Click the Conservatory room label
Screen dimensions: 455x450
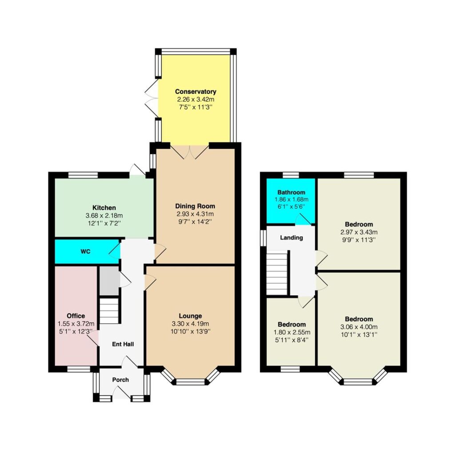tap(196, 92)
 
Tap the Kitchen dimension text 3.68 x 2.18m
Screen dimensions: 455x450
tap(104, 215)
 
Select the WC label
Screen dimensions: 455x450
tap(86, 251)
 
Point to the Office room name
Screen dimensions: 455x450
tap(76, 316)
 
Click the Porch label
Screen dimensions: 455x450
tap(120, 380)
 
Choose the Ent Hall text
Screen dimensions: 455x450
tap(123, 344)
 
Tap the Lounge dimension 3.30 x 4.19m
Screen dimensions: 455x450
tap(190, 324)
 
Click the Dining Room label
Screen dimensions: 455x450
tap(196, 206)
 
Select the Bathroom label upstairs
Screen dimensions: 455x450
tap(291, 192)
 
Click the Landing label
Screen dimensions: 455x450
tap(291, 238)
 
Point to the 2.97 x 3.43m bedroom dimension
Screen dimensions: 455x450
tap(359, 232)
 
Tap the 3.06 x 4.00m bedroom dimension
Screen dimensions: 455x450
tap(359, 327)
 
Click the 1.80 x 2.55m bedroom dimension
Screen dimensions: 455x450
tap(291, 332)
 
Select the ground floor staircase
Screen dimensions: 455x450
tap(109, 311)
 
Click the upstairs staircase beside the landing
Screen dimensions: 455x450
tap(277, 273)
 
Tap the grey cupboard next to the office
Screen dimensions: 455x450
tap(109, 281)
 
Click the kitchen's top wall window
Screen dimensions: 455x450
tap(83, 175)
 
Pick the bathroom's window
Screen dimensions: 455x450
tap(291, 175)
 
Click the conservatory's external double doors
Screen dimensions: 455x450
tap(152, 97)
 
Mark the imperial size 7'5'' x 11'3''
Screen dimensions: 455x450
tap(196, 107)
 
